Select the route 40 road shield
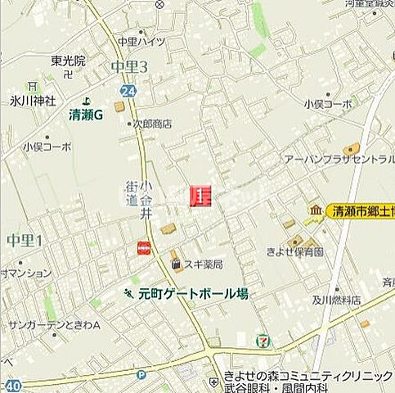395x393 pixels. coord(12,385)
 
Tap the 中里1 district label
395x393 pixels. coord(24,240)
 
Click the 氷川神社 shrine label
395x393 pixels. coord(33,101)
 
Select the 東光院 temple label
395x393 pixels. coord(67,61)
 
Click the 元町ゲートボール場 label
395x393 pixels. coord(192,293)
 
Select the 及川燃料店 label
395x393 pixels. coord(334,300)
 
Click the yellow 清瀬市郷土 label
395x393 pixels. coord(361,211)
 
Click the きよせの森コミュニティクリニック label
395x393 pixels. coord(308,376)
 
